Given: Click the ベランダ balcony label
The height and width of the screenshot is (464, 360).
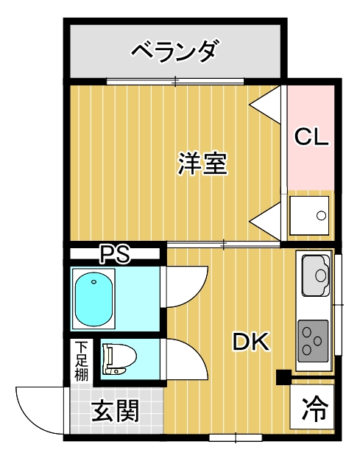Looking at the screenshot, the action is click(176, 52).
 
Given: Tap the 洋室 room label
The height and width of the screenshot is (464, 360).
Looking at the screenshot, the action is click(202, 163).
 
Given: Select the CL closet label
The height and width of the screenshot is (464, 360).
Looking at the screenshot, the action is click(311, 136).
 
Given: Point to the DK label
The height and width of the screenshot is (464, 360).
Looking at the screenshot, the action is click(251, 342).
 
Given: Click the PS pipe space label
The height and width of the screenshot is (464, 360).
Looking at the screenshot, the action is click(115, 253).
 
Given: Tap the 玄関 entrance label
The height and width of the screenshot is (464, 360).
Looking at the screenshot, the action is click(115, 411).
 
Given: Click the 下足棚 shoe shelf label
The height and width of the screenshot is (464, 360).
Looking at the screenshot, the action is click(81, 361).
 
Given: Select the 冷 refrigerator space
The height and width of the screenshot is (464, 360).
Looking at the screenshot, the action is click(312, 407).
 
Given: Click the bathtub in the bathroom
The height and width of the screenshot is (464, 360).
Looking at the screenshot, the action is click(93, 299).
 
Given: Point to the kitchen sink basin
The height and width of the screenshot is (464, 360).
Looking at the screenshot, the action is click(316, 275).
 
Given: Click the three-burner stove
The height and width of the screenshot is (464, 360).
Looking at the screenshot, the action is click(314, 341).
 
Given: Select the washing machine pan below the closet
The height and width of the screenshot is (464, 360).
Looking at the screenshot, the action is click(309, 215).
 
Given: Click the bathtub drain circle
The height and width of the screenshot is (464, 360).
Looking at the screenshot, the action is click(93, 281).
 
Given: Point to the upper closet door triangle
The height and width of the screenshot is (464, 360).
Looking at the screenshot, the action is click(265, 105).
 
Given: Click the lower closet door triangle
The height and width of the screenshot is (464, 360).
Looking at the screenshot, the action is click(265, 221).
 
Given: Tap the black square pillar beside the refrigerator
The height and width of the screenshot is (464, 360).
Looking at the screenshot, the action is click(283, 377).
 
